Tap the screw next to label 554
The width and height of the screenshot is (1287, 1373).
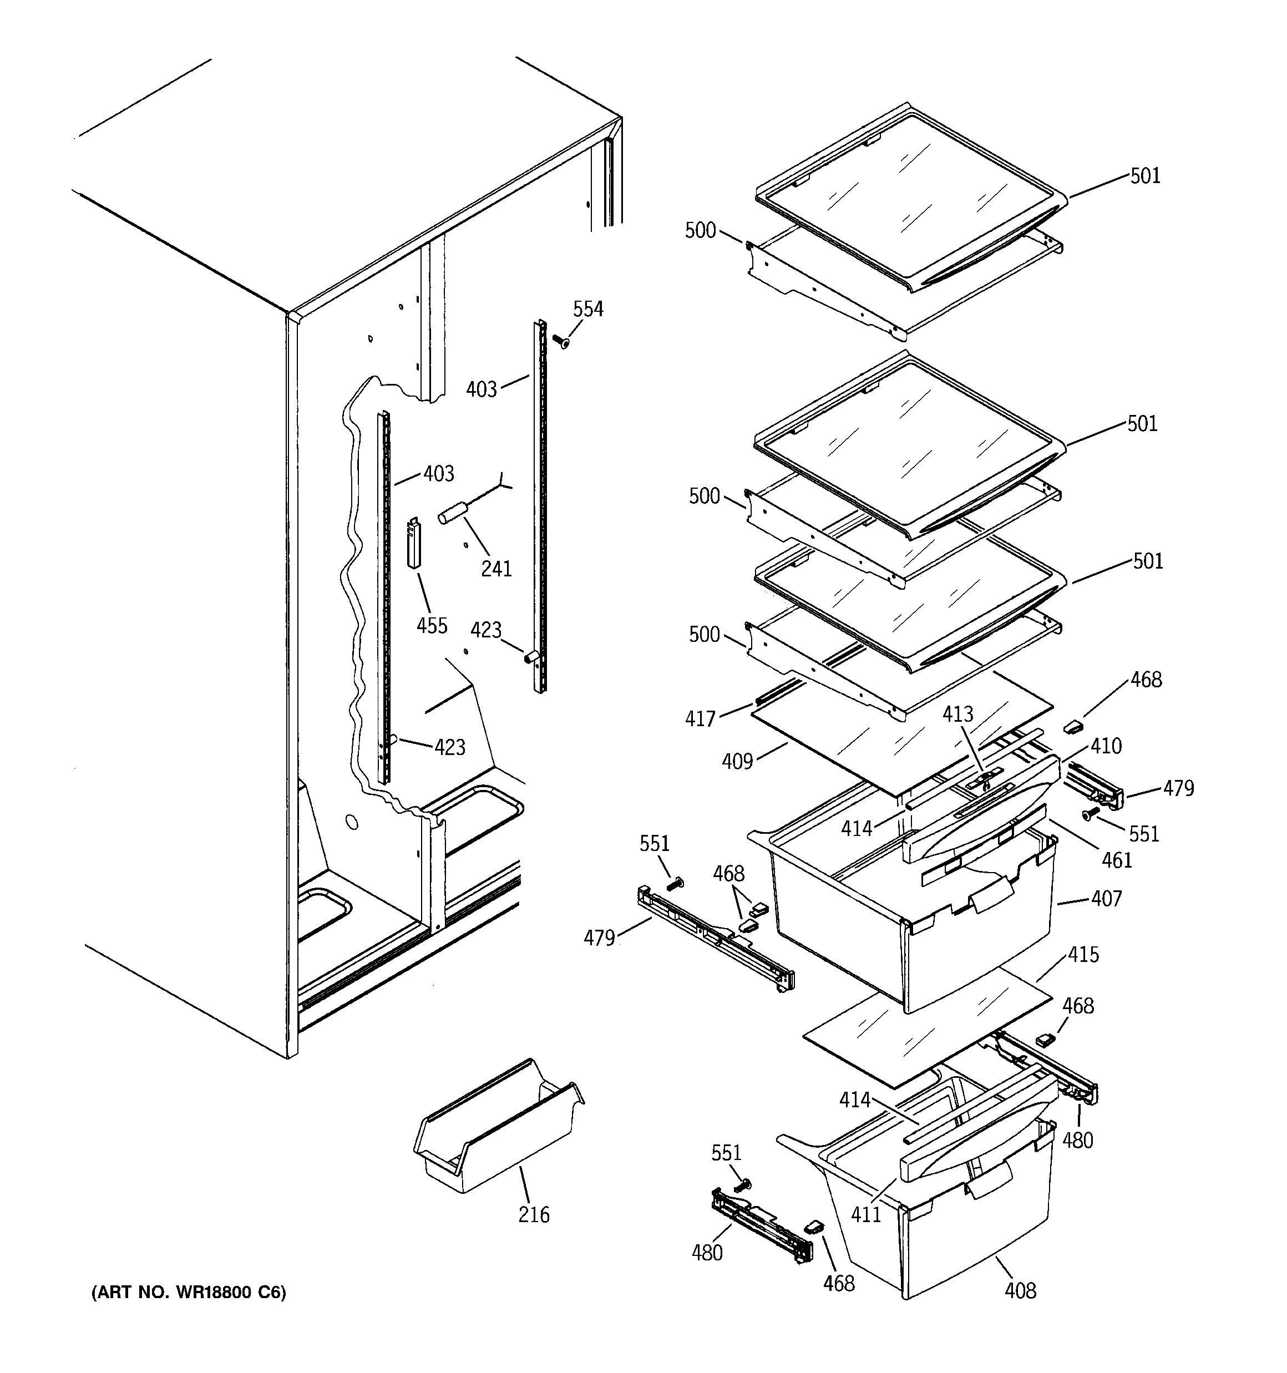click(x=561, y=341)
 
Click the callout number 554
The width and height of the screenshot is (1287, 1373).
click(x=588, y=310)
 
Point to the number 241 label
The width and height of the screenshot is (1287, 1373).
click(x=496, y=569)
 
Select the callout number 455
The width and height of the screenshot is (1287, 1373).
click(x=432, y=626)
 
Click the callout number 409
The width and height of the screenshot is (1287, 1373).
click(x=737, y=761)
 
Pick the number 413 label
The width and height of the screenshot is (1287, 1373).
click(x=958, y=714)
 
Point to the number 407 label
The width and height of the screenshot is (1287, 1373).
click(x=1107, y=899)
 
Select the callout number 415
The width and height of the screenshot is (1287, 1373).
click(x=1083, y=955)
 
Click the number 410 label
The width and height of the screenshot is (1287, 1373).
click(x=1107, y=746)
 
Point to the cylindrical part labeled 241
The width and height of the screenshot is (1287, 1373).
click(x=453, y=516)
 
